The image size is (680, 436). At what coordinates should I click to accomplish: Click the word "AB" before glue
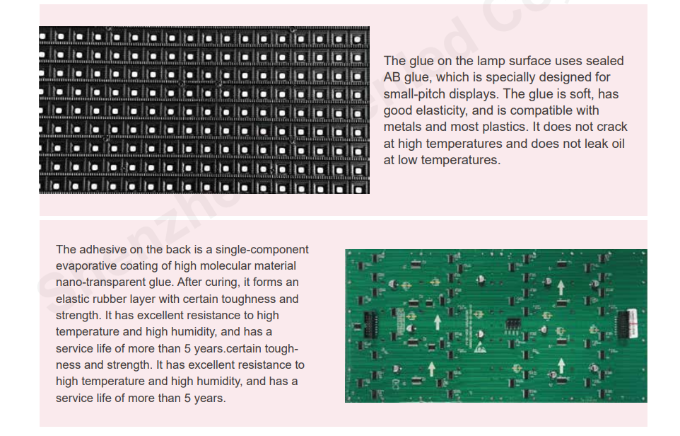pyautogui.click(x=392, y=77)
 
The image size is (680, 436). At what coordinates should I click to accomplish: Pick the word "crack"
pyautogui.click(x=612, y=127)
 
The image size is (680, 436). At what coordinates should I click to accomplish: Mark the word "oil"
pyautogui.click(x=618, y=143)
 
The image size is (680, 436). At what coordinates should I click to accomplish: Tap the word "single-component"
pyautogui.click(x=262, y=250)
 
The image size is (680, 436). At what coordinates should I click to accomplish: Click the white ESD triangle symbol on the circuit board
pyautogui.click(x=479, y=348)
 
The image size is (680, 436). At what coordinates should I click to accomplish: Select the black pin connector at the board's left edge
pyautogui.click(x=370, y=324)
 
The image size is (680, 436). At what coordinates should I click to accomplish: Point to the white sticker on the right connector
pyautogui.click(x=633, y=323)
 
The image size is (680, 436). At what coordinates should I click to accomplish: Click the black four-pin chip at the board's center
pyautogui.click(x=513, y=324)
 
